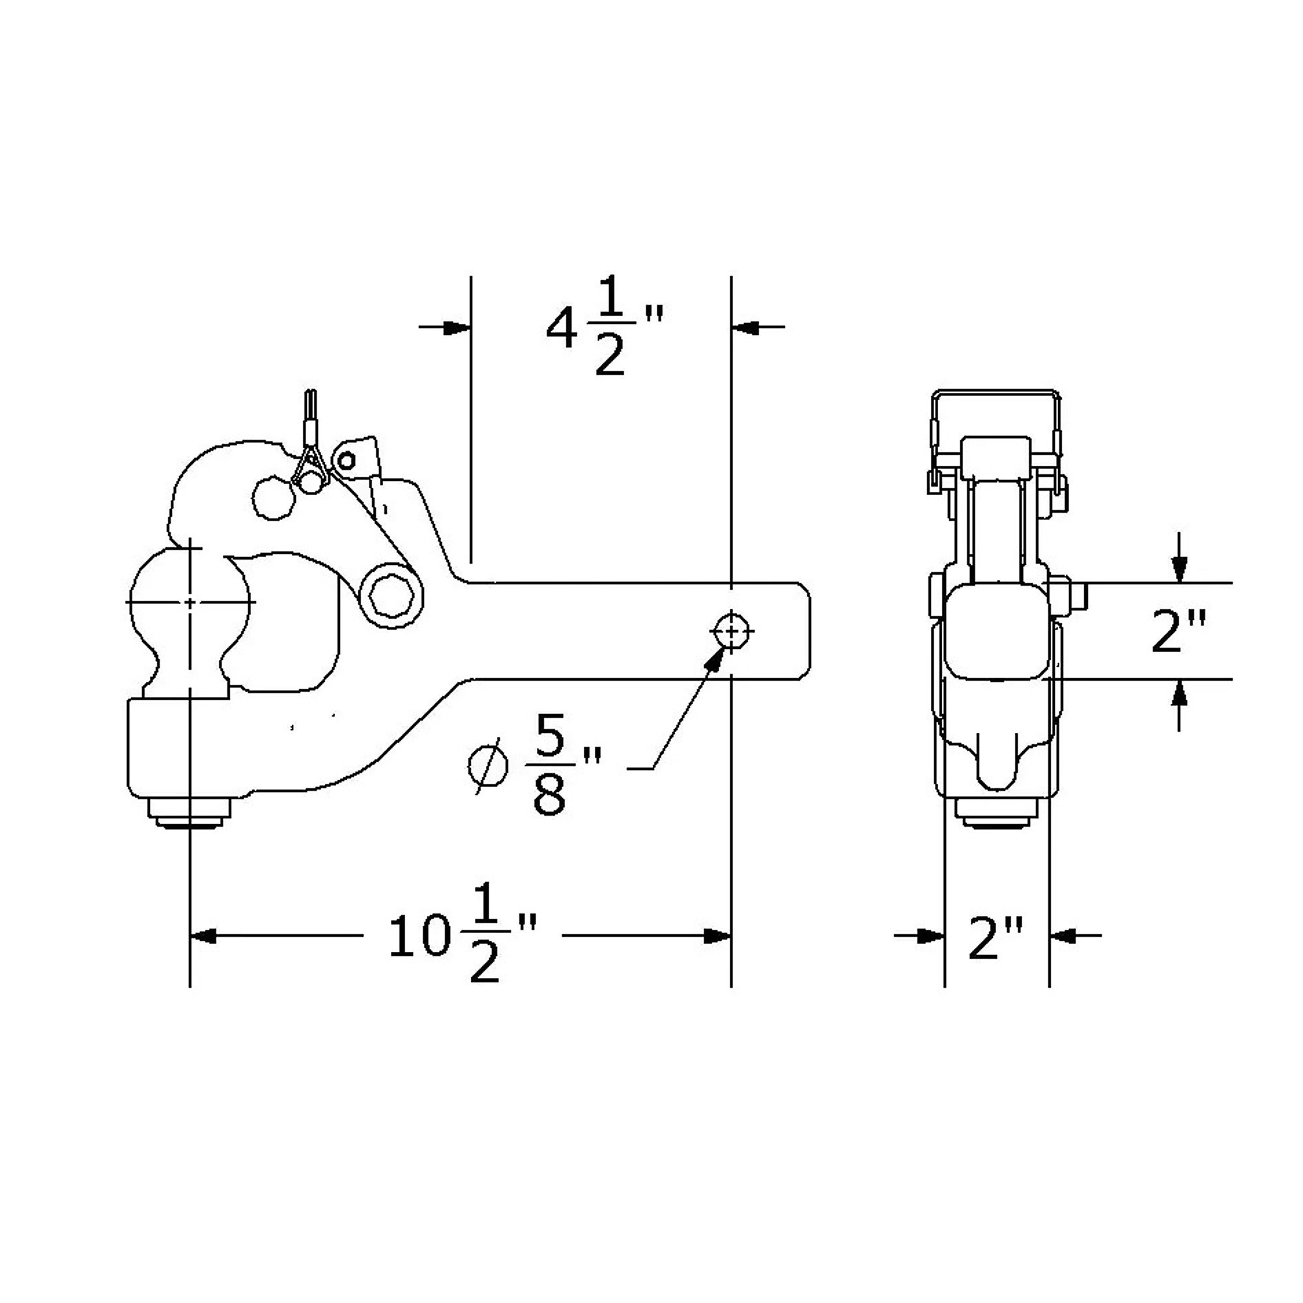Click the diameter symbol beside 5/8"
pos(488,766)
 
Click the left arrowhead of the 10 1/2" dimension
pos(203,936)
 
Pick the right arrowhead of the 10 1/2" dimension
pos(717,936)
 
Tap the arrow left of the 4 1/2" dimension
pos(444,328)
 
